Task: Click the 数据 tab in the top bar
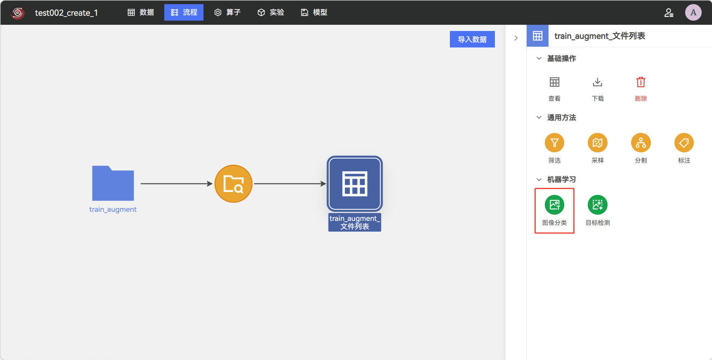pos(141,12)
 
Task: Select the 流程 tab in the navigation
pos(184,12)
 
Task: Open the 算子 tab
pos(227,12)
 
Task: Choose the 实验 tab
pos(271,12)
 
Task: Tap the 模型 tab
pos(314,12)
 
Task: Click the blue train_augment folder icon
pos(113,183)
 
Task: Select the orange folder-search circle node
pos(234,184)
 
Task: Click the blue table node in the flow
pos(355,184)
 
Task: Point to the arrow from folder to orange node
pos(177,184)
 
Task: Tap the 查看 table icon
pos(554,82)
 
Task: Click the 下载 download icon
pos(598,82)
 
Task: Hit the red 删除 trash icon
pos(641,82)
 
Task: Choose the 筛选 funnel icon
pos(554,143)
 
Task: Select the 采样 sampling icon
pos(598,143)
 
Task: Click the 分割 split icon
pos(641,143)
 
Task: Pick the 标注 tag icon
pos(684,143)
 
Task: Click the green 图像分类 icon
pos(554,205)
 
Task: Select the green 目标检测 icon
pos(598,205)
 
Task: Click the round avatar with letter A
pos(693,12)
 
